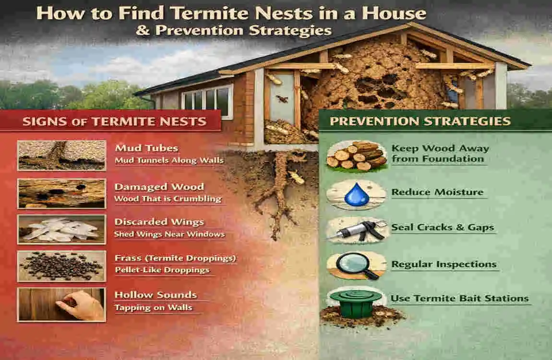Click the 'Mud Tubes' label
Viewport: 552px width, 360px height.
pos(146,148)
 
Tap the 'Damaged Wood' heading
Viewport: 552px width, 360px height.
pos(159,187)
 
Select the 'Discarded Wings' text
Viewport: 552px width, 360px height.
pos(159,222)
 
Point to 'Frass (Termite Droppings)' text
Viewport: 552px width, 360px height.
pos(175,258)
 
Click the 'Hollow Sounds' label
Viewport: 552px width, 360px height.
pos(156,295)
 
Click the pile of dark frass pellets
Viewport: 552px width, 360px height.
pos(61,265)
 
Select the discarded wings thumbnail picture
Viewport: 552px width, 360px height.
pos(61,229)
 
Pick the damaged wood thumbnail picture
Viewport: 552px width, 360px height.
pos(61,193)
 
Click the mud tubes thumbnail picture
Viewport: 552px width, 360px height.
pos(61,156)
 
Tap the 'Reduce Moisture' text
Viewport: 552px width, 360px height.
pos(437,192)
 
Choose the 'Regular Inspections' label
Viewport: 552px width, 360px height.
pos(444,264)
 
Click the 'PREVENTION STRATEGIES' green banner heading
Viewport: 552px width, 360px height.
pos(420,120)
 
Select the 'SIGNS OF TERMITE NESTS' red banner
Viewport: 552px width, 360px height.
pos(114,121)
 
